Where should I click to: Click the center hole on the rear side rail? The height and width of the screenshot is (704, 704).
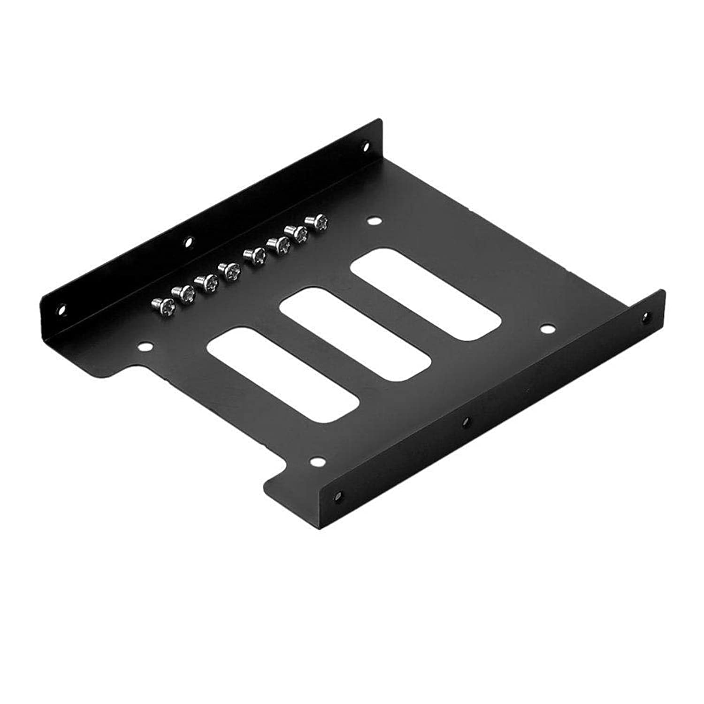pyautogui.click(x=188, y=242)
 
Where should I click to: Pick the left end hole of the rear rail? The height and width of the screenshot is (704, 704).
pyautogui.click(x=61, y=310)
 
